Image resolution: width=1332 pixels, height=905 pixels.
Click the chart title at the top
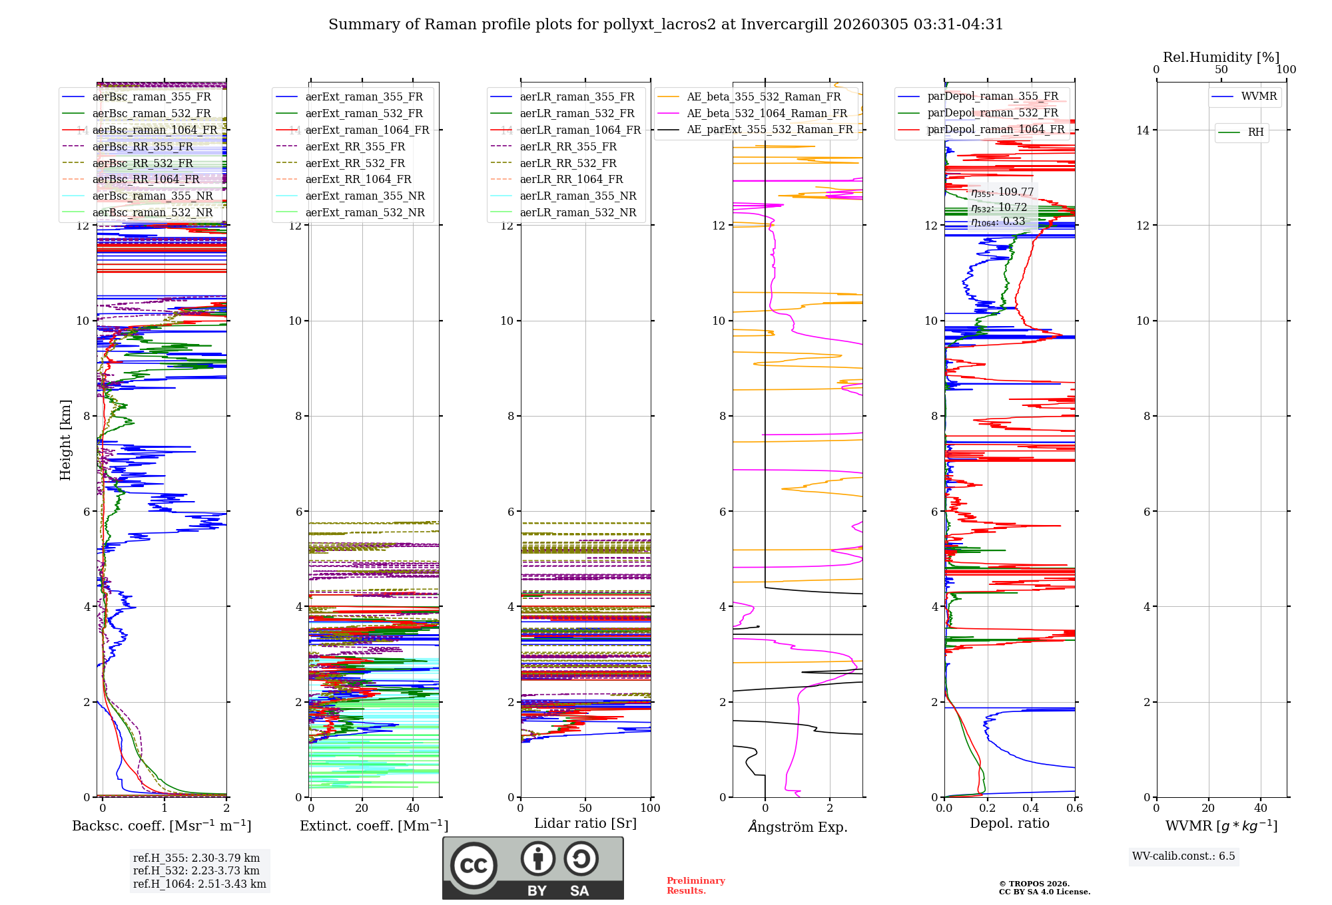click(x=665, y=25)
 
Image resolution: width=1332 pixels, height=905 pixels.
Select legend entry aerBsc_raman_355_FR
click(x=151, y=97)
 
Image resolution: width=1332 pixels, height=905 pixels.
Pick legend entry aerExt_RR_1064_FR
click(x=358, y=180)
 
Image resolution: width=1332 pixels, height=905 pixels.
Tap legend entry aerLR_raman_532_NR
click(x=577, y=213)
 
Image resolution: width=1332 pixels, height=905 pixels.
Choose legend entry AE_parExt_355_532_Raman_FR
click(x=769, y=130)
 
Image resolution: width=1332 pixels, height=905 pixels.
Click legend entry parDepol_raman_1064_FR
click(x=995, y=130)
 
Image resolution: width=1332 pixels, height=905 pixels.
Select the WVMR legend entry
click(x=1258, y=97)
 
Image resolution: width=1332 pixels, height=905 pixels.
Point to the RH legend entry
click(x=1255, y=132)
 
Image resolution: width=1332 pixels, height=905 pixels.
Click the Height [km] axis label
click(x=65, y=439)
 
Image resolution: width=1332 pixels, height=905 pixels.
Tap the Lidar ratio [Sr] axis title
click(x=585, y=824)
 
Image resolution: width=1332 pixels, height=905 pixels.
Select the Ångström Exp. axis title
click(x=797, y=827)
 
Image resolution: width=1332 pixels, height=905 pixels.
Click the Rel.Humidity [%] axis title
click(x=1221, y=57)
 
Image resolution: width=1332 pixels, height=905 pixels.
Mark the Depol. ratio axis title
click(x=1009, y=824)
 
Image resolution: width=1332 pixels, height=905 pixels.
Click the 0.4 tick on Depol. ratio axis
click(x=1031, y=809)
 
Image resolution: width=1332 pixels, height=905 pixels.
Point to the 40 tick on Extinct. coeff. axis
click(x=413, y=809)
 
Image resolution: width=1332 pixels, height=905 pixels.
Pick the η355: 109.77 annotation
click(x=1002, y=192)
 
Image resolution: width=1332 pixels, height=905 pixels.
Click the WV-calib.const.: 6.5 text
click(x=1183, y=856)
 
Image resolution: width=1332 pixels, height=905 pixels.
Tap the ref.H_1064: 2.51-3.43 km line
click(x=199, y=884)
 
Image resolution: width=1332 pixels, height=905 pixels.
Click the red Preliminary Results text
click(x=695, y=886)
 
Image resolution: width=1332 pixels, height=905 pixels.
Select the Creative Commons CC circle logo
click(x=474, y=865)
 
